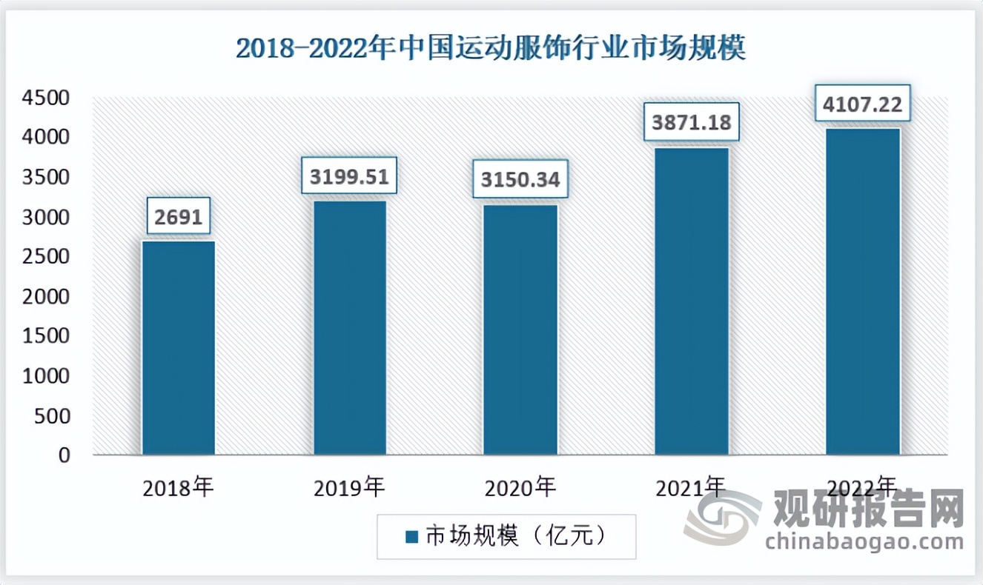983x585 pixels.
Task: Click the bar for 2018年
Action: click(x=179, y=347)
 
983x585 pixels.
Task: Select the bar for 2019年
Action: click(x=350, y=327)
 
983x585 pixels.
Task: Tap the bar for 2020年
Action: click(x=520, y=330)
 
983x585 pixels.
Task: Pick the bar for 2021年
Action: click(x=692, y=301)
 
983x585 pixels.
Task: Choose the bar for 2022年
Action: click(x=863, y=291)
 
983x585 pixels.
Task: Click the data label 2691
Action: click(x=179, y=218)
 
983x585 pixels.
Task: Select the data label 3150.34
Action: click(x=520, y=180)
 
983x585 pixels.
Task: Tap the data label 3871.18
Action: click(x=692, y=124)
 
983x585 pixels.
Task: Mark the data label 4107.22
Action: click(x=863, y=105)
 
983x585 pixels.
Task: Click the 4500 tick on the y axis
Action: click(x=46, y=98)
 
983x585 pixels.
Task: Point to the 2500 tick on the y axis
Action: click(x=46, y=257)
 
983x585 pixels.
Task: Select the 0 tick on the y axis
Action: click(x=65, y=455)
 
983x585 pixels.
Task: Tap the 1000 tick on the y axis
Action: click(x=46, y=376)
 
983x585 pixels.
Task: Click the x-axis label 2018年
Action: click(x=179, y=489)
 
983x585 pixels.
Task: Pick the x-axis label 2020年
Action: click(x=520, y=489)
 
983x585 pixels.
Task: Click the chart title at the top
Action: click(x=491, y=49)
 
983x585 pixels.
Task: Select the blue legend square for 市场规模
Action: click(x=412, y=536)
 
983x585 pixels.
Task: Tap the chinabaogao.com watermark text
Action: click(x=864, y=542)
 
